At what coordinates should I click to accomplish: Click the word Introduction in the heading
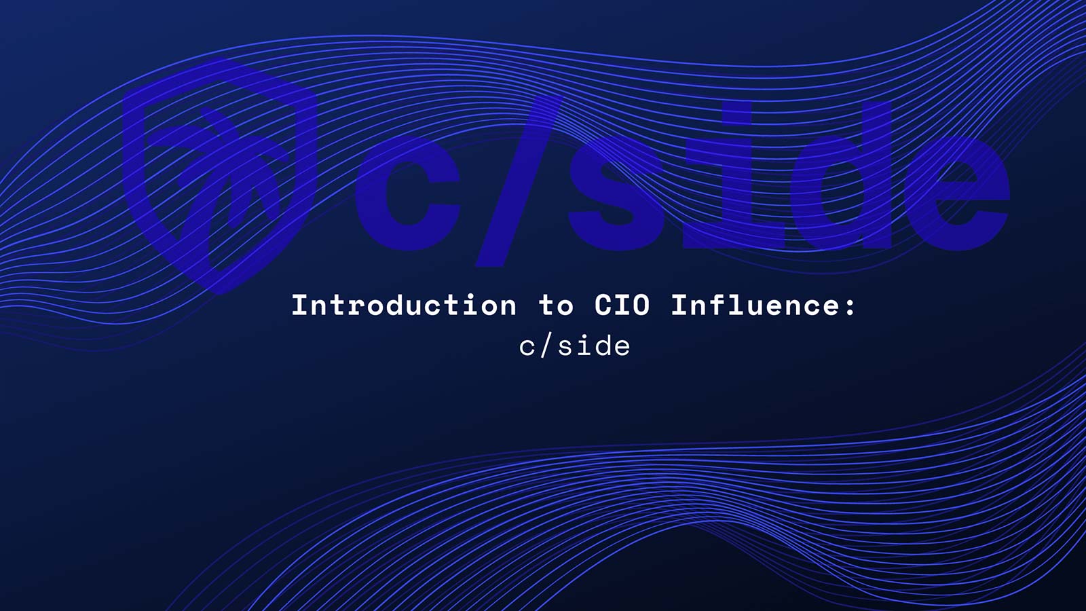[x=404, y=305]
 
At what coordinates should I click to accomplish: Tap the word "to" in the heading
[x=556, y=306]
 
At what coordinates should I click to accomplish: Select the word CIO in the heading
[x=622, y=305]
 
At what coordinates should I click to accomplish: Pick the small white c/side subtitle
[x=574, y=346]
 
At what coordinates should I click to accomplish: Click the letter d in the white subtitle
[x=601, y=346]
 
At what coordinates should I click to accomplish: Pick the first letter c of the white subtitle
[x=527, y=348]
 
